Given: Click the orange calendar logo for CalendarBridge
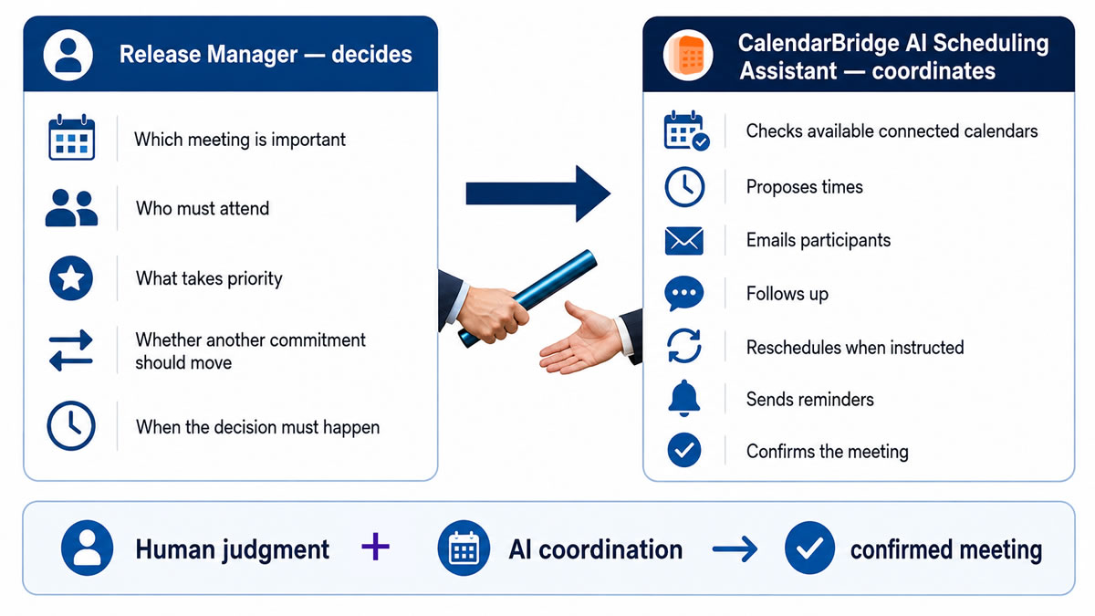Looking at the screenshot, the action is point(688,55).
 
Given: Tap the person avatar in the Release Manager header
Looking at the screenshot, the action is point(68,55).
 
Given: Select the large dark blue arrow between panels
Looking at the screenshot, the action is point(538,193).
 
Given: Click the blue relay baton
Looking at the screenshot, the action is point(528,298).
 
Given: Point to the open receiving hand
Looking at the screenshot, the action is point(582,339).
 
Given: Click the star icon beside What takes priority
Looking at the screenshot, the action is point(71,278).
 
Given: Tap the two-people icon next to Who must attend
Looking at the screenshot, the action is point(71,208).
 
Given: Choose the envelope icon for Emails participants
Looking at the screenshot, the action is point(683,241).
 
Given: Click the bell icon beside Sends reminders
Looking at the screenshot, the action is point(683,398).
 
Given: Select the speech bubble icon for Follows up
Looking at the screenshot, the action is point(683,293).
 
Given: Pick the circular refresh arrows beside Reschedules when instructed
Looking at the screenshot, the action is point(683,346).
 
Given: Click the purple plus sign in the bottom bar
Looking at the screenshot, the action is point(375,547).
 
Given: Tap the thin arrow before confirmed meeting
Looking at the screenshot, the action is point(735,549).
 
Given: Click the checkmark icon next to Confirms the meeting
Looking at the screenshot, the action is point(683,450).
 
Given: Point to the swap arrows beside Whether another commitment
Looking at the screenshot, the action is point(71,350).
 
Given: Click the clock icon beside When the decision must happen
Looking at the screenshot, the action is point(71,426).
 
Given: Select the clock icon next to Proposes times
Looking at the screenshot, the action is point(684,187).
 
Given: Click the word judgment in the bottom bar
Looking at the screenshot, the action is point(276,550).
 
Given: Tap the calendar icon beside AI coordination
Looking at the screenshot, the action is point(464,548).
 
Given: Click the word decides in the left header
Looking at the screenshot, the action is point(371,54).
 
